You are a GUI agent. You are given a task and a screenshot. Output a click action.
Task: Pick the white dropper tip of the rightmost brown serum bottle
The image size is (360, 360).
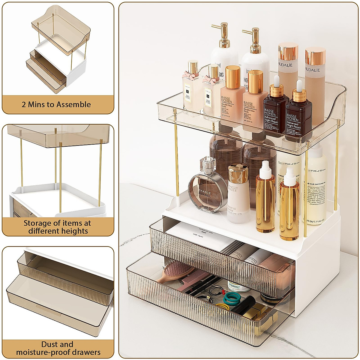[x=299, y=85]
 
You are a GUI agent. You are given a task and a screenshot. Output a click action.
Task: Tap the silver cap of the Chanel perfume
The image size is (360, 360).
[x=208, y=164]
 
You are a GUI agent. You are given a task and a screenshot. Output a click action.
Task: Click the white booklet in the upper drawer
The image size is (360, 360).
[x=198, y=237]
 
